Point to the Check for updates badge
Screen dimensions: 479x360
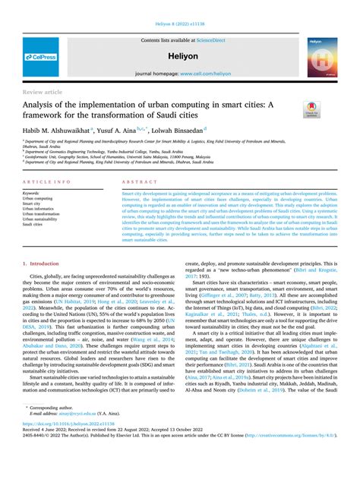(311, 108)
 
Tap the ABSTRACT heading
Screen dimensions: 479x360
(140, 183)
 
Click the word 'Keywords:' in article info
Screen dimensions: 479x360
(32, 194)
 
